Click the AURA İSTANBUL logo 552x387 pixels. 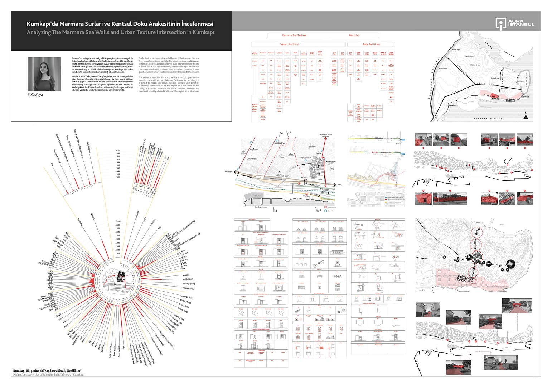[515, 23]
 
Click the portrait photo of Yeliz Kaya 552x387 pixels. [44, 74]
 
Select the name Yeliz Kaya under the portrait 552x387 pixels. [35, 95]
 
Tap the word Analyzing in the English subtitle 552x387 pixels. [39, 32]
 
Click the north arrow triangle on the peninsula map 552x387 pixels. [526, 116]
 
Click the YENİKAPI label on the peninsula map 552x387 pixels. [474, 96]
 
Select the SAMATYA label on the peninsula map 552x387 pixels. [452, 105]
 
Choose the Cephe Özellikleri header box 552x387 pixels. [371, 44]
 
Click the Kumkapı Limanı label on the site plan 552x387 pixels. [261, 207]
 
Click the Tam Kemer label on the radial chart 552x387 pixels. [188, 288]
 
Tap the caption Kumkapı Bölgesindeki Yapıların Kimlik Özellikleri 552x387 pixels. [47, 371]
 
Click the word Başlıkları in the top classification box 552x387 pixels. [354, 36]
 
